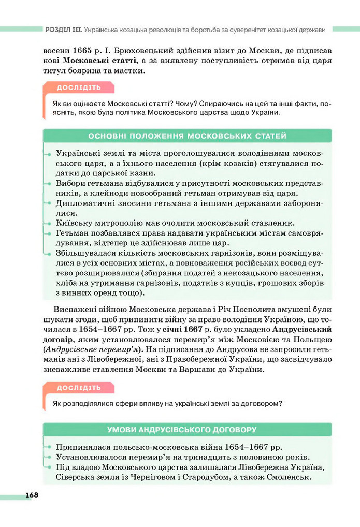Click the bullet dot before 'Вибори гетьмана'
point(47,183)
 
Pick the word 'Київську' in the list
point(73,223)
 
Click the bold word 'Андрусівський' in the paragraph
point(301,329)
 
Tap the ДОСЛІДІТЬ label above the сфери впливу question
point(79,388)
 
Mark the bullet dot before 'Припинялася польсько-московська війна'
point(47,447)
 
